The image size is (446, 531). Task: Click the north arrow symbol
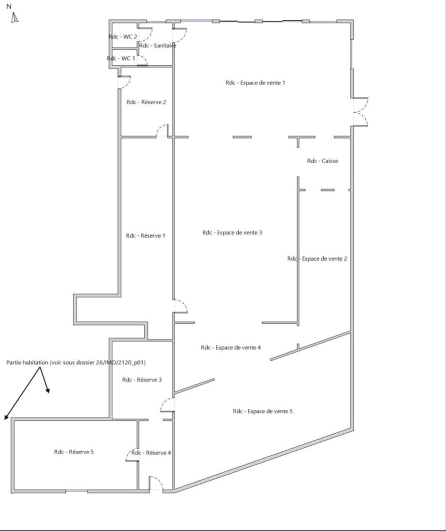click(x=14, y=17)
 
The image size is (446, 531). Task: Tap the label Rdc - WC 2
click(x=123, y=36)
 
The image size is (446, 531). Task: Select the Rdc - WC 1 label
click(x=121, y=58)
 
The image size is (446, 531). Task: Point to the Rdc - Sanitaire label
click(x=157, y=45)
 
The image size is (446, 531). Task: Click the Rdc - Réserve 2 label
click(x=146, y=102)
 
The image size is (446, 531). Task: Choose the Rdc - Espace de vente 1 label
click(x=255, y=83)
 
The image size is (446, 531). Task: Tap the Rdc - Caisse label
click(x=322, y=161)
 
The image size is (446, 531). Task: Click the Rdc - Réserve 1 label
click(x=146, y=236)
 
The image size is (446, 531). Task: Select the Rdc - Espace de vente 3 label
click(x=232, y=233)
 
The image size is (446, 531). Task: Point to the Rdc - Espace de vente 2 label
click(x=317, y=259)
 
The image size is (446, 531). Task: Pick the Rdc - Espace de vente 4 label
click(x=231, y=348)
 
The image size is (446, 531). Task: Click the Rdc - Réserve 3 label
click(x=142, y=380)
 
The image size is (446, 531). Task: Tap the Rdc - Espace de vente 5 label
click(x=263, y=411)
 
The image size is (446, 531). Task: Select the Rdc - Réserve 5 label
click(x=74, y=452)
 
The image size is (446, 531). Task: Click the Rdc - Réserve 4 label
click(x=151, y=453)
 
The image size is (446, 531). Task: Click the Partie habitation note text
click(x=76, y=362)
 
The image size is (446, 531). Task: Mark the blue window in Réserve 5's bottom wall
click(x=77, y=491)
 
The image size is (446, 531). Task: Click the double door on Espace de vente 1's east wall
click(x=361, y=112)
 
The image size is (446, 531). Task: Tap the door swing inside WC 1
click(x=142, y=60)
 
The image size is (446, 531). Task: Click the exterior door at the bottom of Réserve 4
click(x=155, y=483)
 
